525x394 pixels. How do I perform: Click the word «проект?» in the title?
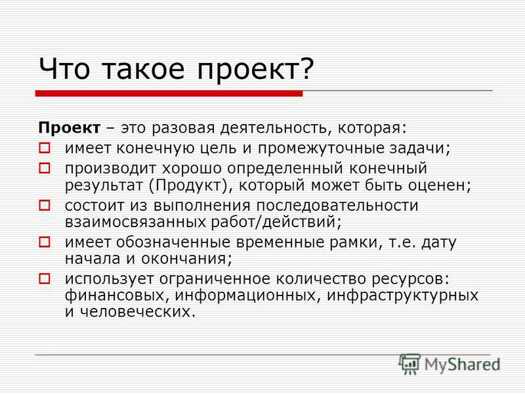[x=255, y=70]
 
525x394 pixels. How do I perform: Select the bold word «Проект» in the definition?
[x=70, y=128]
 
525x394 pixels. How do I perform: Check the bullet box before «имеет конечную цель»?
[x=45, y=148]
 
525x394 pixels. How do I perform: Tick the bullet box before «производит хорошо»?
[x=45, y=168]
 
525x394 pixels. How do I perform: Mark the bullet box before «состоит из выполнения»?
[x=45, y=205]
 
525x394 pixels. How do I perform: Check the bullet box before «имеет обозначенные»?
[x=45, y=242]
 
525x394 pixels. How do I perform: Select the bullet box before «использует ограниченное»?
[x=45, y=278]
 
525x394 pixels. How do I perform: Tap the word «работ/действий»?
[x=276, y=222]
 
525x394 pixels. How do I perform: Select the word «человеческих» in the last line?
[x=137, y=313]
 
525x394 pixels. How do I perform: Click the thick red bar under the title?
[x=169, y=93]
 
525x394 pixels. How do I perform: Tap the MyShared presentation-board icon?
[x=409, y=364]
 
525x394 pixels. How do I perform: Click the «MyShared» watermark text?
[x=462, y=364]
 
